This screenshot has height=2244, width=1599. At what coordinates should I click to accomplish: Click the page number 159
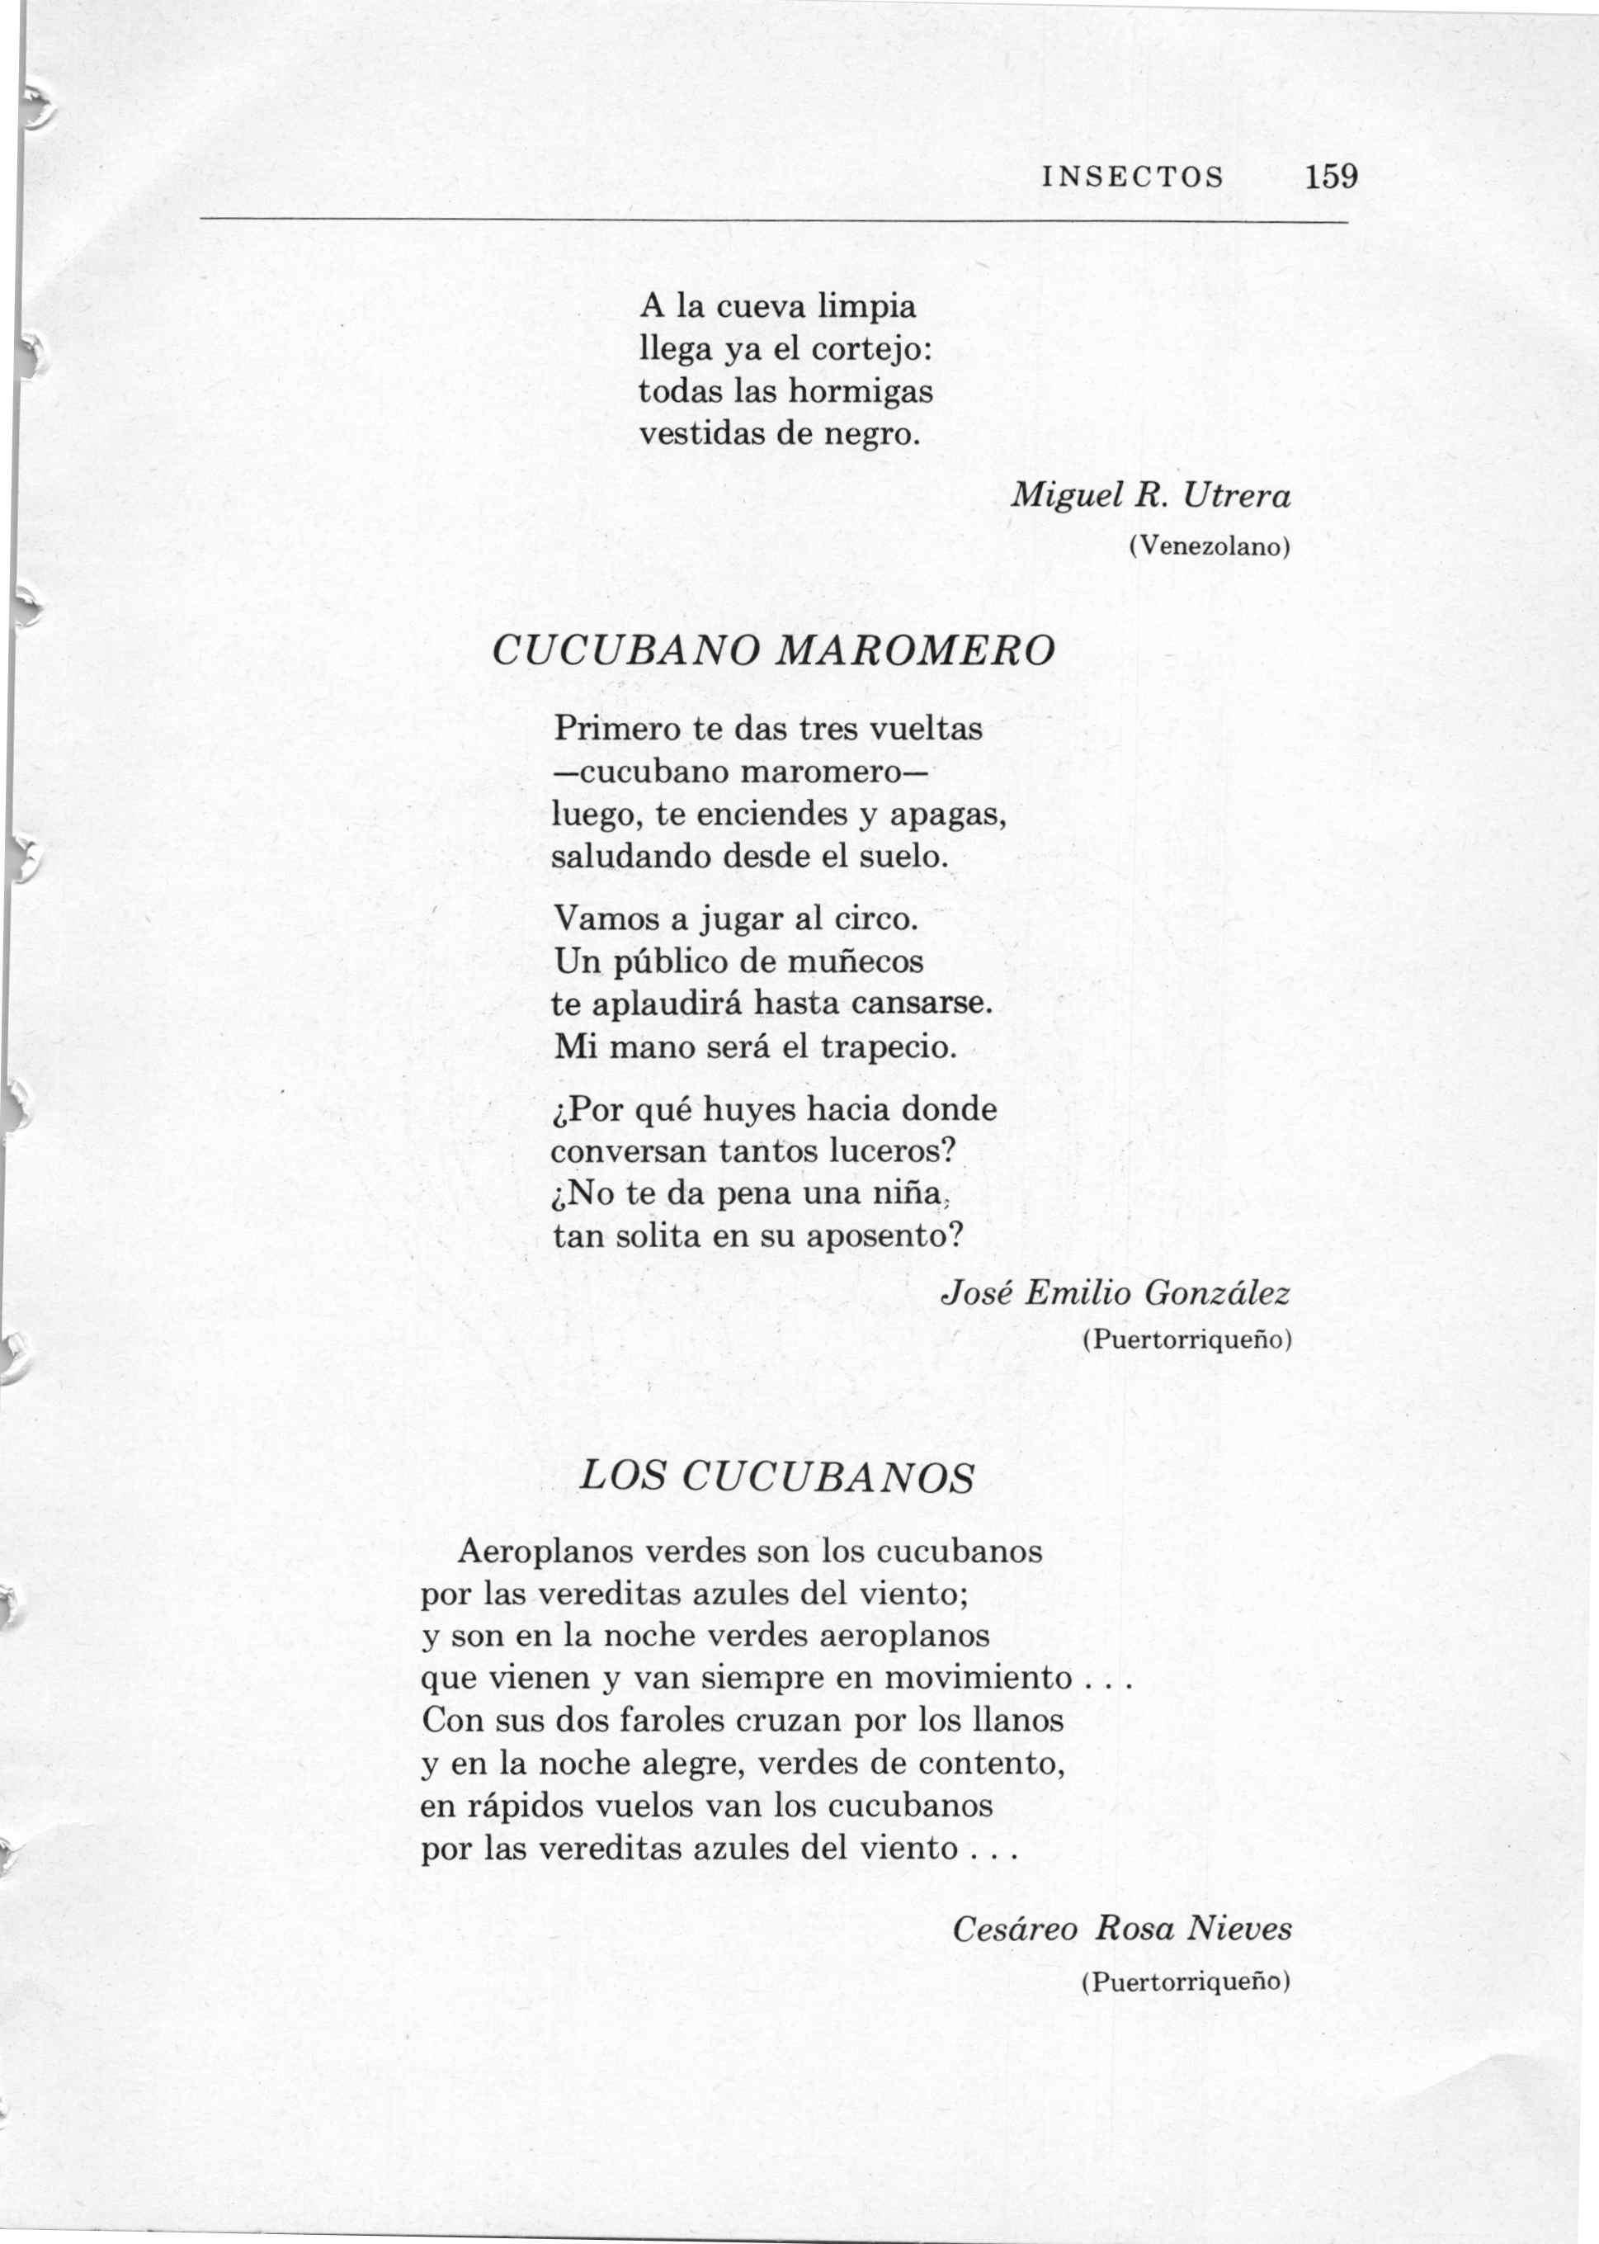1330,177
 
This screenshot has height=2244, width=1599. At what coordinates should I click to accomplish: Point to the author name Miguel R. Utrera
1151,495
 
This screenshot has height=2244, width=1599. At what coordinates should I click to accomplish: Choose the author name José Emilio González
1116,1292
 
